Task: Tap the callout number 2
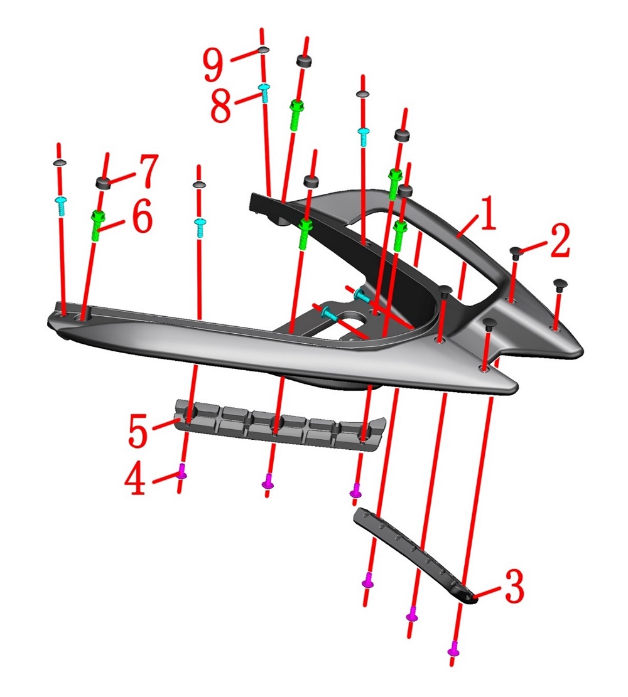pos(556,242)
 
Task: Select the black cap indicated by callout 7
pos(104,183)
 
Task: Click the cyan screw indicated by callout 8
pos(264,93)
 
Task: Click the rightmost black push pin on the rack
pos(558,285)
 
